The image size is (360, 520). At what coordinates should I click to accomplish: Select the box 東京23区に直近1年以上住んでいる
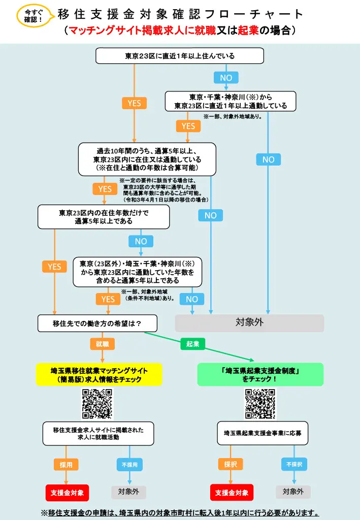(x=180, y=56)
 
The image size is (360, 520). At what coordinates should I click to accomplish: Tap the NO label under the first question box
(x=226, y=78)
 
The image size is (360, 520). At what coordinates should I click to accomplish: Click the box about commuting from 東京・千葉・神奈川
(x=231, y=101)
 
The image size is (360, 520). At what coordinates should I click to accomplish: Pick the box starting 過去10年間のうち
(x=147, y=159)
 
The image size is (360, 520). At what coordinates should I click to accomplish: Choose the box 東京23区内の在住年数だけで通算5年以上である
(x=104, y=217)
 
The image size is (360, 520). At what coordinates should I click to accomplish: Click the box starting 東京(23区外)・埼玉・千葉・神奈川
(x=137, y=272)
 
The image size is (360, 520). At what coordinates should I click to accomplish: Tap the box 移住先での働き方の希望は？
(x=97, y=323)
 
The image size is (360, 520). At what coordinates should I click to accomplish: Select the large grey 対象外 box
(x=249, y=323)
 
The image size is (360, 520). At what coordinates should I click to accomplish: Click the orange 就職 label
(x=103, y=344)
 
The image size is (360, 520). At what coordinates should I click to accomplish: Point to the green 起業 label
(x=192, y=344)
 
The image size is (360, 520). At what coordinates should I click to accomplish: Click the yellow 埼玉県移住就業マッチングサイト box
(x=99, y=374)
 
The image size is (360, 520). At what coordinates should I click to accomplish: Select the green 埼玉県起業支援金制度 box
(x=260, y=374)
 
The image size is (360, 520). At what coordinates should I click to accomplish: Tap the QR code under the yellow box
(x=97, y=404)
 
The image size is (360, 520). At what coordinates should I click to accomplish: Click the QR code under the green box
(x=260, y=404)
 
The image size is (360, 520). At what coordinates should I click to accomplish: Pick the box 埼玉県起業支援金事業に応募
(x=263, y=433)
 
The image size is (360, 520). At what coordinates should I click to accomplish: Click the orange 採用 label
(x=66, y=465)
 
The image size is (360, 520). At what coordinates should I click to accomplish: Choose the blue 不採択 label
(x=294, y=464)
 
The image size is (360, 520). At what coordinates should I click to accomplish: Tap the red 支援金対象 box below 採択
(x=232, y=493)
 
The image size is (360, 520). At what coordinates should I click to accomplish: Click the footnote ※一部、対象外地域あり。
(x=233, y=116)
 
